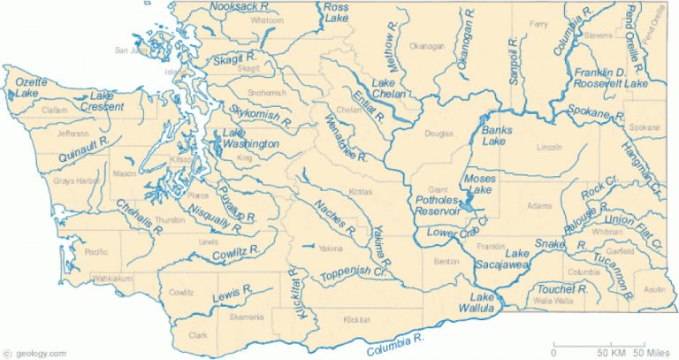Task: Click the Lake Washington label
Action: [245, 138]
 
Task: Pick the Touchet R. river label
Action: [563, 289]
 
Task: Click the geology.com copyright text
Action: [34, 352]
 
